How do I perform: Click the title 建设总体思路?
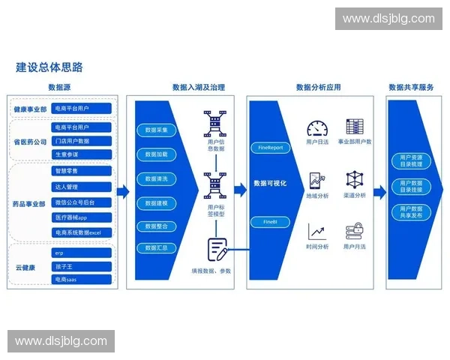(49, 67)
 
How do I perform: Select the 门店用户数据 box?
(82, 141)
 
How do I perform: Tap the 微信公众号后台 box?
(82, 202)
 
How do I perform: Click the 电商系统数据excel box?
(82, 232)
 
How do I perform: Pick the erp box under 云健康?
(82, 253)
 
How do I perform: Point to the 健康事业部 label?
(30, 109)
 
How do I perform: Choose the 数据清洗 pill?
(156, 179)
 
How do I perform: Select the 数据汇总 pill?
(156, 247)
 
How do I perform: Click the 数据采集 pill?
(156, 130)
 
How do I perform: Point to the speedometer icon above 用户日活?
(317, 127)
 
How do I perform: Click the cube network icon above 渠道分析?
(355, 180)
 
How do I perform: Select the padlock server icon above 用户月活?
(355, 232)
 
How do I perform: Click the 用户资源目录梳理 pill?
(411, 160)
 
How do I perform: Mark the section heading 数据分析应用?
(318, 88)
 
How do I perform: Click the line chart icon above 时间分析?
(317, 232)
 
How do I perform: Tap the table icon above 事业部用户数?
(355, 127)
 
